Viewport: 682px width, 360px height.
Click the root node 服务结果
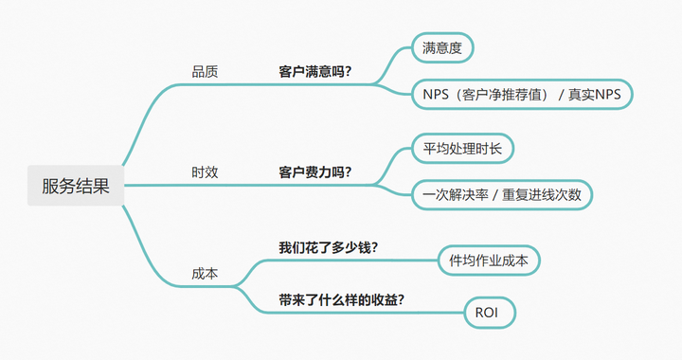pyautogui.click(x=76, y=186)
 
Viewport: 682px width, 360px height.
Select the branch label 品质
pyautogui.click(x=205, y=71)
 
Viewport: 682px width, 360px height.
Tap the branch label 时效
pyautogui.click(x=205, y=172)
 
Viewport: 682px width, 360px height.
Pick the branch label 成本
pyautogui.click(x=205, y=273)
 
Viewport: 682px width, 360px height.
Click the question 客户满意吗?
pyautogui.click(x=315, y=71)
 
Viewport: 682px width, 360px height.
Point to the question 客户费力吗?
pyautogui.click(x=315, y=172)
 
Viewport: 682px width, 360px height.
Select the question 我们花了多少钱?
pyautogui.click(x=329, y=248)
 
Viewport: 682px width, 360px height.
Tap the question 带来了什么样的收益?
pyautogui.click(x=342, y=298)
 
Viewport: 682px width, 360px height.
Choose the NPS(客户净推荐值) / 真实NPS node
pyautogui.click(x=521, y=94)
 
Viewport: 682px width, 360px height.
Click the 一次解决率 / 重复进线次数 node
pyautogui.click(x=501, y=195)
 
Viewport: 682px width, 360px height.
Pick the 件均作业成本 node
pyautogui.click(x=489, y=260)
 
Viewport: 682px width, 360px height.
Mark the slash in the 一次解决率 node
pyautogui.click(x=495, y=195)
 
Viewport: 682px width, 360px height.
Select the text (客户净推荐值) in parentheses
pyautogui.click(x=499, y=94)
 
